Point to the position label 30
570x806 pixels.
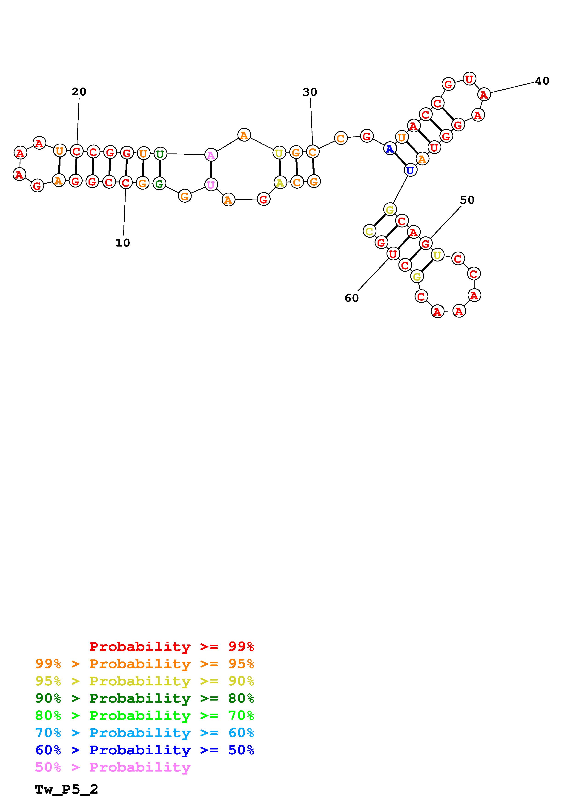tap(310, 92)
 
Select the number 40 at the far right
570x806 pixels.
tap(542, 81)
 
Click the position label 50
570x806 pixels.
tap(467, 200)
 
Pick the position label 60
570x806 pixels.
tap(352, 298)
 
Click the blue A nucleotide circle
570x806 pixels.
tap(390, 149)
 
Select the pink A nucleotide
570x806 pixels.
tap(211, 155)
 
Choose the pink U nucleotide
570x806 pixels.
tap(211, 184)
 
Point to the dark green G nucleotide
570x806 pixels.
tap(159, 184)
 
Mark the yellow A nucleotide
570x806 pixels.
tap(280, 182)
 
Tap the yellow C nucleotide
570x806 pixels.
tap(369, 231)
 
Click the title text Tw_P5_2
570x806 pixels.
tap(66, 789)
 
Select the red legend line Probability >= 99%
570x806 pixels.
tap(171, 646)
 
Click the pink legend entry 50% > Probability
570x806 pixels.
tap(113, 767)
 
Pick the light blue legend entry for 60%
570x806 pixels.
tap(144, 733)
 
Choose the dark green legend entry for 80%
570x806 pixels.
tap(144, 698)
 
